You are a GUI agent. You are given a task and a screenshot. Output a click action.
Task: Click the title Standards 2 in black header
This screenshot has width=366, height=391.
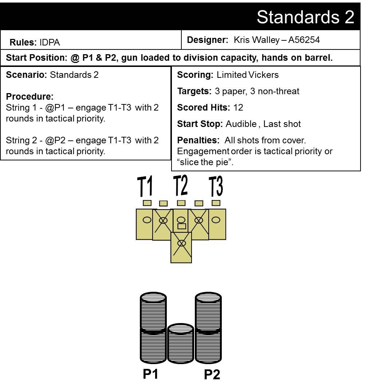coord(305,17)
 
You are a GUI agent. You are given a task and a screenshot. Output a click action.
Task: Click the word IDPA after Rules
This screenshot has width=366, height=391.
coord(50,43)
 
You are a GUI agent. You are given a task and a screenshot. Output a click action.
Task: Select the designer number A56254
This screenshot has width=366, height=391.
coord(304,40)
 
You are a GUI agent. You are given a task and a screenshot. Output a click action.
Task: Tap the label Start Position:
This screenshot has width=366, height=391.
coord(37,57)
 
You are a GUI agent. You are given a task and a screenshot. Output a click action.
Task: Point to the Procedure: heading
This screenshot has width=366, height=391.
coord(30,96)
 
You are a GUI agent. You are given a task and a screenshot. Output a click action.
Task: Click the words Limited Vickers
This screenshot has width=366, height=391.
coord(247,75)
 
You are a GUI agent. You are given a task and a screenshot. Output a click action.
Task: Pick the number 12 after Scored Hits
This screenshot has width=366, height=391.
coord(238,107)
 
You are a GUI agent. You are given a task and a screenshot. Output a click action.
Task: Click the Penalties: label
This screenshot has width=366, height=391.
coord(198,140)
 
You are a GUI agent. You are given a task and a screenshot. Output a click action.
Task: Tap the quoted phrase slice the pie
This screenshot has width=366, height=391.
coord(205,162)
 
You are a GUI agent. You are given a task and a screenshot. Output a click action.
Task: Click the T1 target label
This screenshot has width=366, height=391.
coord(145,186)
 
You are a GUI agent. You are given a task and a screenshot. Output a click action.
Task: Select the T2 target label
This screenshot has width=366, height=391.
coord(181,185)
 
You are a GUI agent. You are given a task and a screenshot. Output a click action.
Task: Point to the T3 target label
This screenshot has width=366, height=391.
coord(216,186)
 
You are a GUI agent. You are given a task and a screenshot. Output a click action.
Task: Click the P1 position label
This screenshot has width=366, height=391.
coord(150,374)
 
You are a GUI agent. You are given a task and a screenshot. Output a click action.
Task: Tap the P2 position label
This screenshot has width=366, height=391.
coord(212,374)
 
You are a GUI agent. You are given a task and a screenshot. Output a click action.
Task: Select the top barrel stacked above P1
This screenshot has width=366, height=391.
coord(153,312)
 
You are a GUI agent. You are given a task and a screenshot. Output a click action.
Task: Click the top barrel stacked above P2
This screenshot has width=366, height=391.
coord(208,312)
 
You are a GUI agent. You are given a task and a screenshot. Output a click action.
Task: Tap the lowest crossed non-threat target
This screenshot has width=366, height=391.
coord(181,247)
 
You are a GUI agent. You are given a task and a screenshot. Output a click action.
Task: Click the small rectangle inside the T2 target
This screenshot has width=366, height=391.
coord(181,226)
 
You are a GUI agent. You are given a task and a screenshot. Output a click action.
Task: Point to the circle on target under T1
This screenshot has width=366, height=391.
coord(147,220)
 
